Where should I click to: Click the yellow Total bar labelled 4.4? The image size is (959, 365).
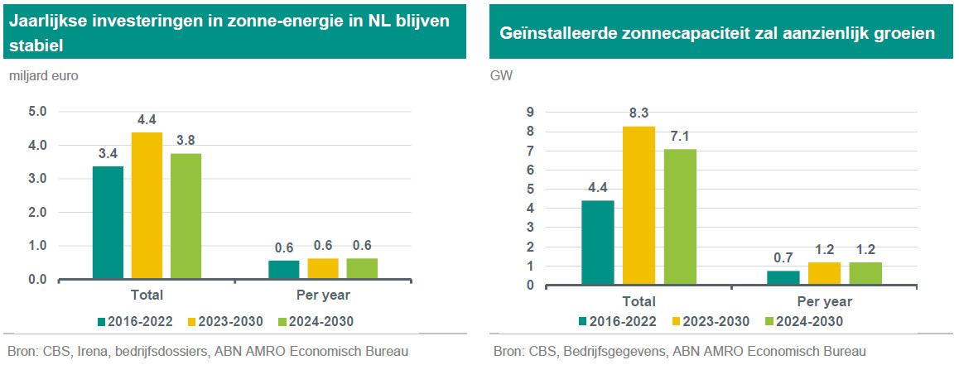click(147, 205)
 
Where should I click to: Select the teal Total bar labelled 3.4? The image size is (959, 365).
click(108, 223)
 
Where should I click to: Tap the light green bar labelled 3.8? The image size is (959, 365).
click(186, 216)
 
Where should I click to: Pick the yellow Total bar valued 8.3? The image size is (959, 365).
click(638, 205)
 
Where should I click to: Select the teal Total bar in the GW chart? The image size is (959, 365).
click(597, 243)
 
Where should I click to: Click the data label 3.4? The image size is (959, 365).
click(108, 154)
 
